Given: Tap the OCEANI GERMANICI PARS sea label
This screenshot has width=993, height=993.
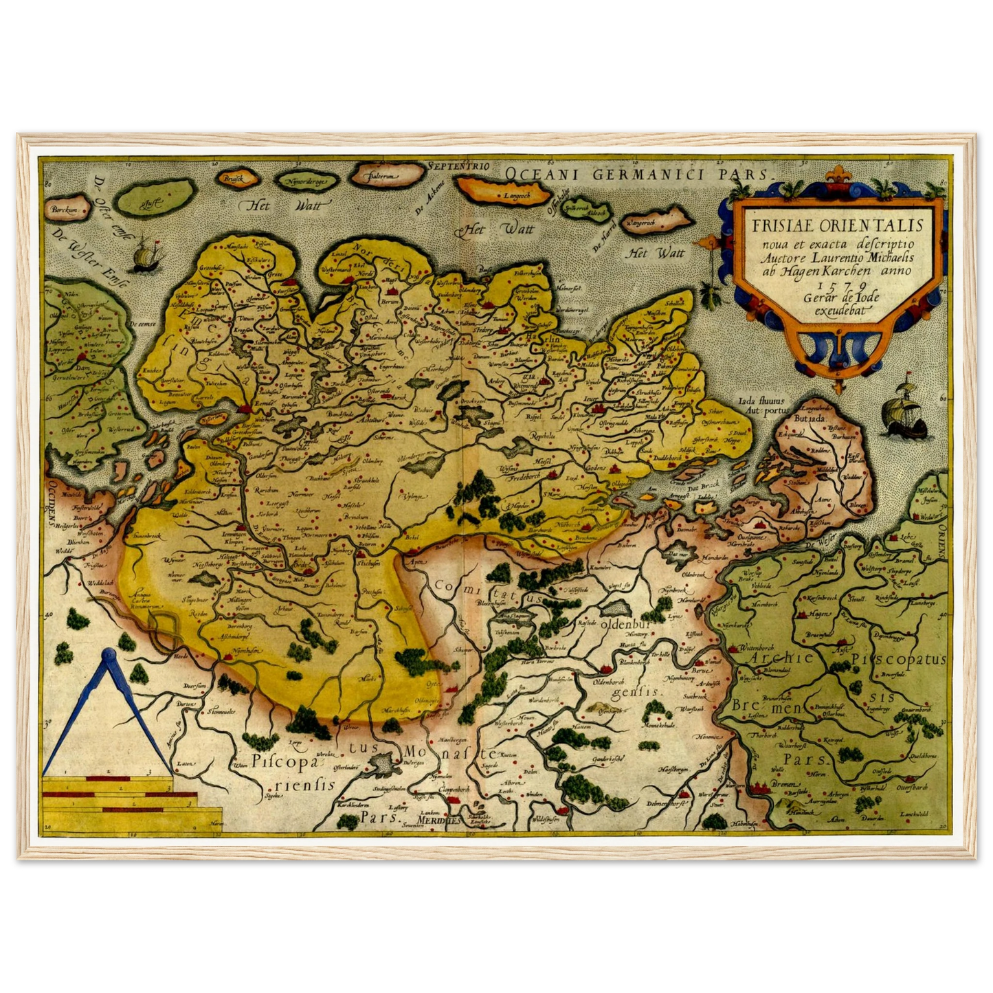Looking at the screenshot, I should point(638,173).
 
